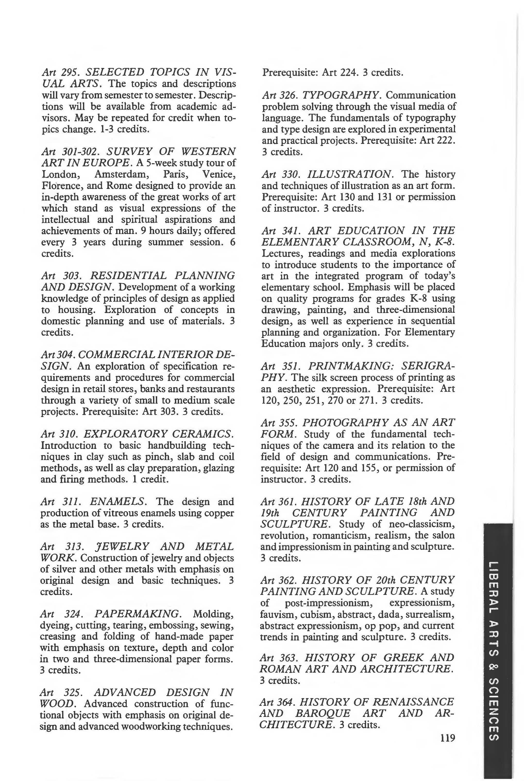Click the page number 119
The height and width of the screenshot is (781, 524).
tap(448, 737)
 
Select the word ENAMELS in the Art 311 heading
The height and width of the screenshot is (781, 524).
tap(118, 501)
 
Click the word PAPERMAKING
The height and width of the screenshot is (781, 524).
tap(138, 614)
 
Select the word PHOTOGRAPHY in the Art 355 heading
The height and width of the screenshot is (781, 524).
tap(344, 422)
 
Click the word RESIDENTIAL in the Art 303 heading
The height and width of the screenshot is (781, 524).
tap(128, 275)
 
